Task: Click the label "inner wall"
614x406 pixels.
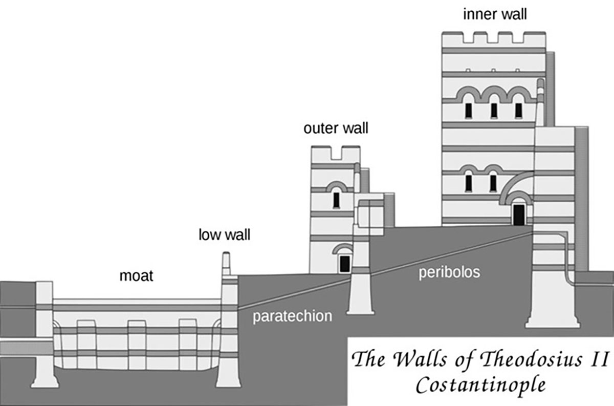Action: [495, 14]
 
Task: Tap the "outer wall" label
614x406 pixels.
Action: [335, 128]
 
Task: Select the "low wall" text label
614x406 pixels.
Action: [225, 236]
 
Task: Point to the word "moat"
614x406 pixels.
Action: [137, 276]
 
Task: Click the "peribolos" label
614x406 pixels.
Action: [450, 272]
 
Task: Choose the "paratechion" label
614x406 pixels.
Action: [293, 316]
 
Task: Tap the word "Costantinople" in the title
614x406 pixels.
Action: [479, 384]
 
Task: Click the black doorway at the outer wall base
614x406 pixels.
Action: [344, 263]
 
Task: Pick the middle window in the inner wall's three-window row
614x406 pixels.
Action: [494, 110]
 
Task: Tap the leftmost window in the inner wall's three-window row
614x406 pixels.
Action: [468, 110]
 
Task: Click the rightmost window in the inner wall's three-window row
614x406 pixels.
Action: [518, 110]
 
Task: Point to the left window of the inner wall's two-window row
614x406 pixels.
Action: [468, 182]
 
